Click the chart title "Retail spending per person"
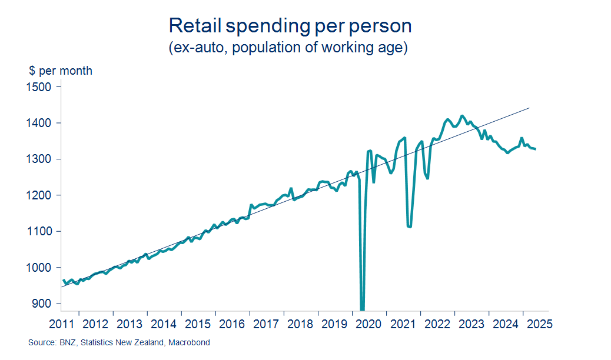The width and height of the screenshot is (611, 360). coord(290,26)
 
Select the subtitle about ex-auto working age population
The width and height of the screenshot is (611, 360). coord(288,48)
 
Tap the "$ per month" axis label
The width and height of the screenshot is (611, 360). coord(61,71)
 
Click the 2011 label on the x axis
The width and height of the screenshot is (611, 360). coord(62,324)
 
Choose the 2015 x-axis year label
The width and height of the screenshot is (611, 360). coord(198,324)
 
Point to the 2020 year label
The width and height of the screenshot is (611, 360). coord(368,324)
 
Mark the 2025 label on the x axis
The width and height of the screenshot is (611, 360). coord(538,324)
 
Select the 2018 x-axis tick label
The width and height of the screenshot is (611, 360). coord(300,324)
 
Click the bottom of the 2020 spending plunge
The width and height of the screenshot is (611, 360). coord(362,309)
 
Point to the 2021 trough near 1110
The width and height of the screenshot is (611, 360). coord(410,226)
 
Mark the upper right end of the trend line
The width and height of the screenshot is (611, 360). coord(530,108)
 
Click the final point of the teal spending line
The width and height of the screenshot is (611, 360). coord(535,149)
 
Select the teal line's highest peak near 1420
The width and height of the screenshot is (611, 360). coord(462,115)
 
